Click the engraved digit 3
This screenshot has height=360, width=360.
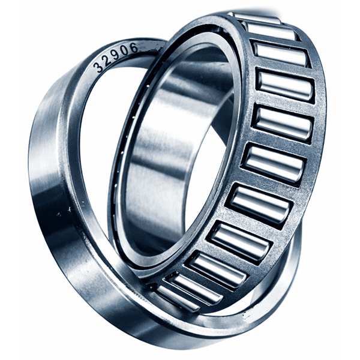point(99,68)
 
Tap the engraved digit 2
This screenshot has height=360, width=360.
point(107,60)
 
